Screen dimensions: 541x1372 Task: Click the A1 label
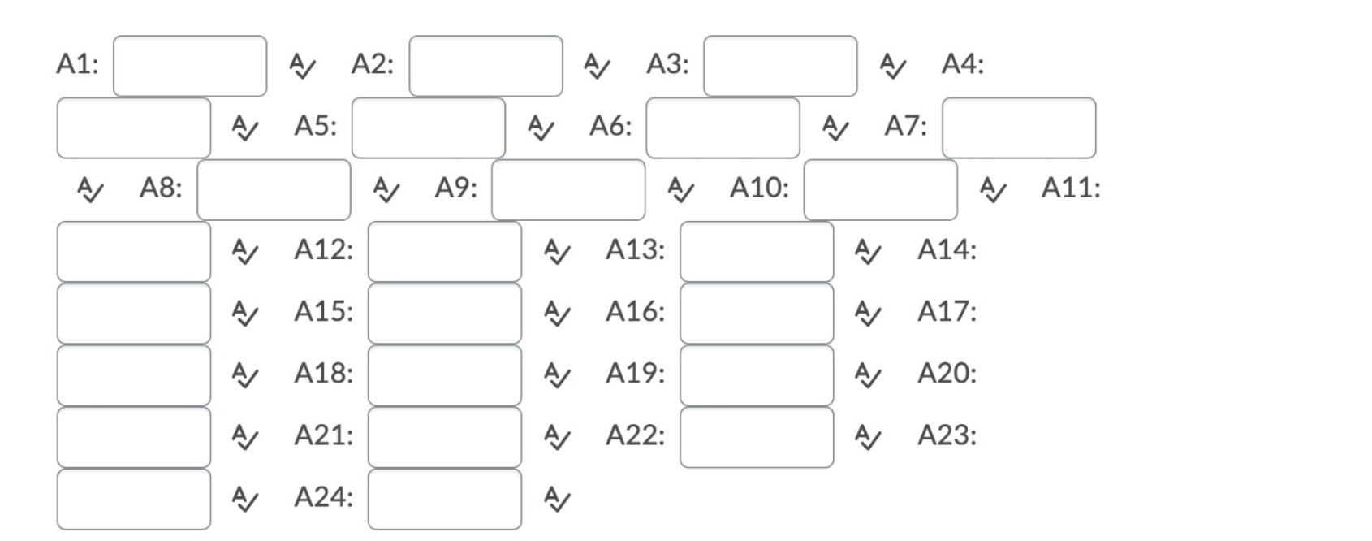tap(77, 64)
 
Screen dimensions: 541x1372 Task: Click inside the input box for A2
tap(485, 66)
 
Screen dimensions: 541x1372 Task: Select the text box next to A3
tap(780, 66)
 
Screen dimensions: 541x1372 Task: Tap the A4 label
tap(962, 64)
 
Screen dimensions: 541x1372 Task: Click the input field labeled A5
tap(428, 128)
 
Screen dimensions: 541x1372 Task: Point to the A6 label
tap(610, 126)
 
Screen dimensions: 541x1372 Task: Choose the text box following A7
tap(1018, 128)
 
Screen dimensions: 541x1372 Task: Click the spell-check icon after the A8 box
tap(386, 191)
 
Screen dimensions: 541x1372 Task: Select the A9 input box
tap(567, 189)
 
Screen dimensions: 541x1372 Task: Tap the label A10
tap(759, 188)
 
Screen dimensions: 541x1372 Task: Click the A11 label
tap(1071, 188)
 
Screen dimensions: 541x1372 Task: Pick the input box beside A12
tap(444, 251)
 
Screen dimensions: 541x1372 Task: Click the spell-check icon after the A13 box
tap(868, 253)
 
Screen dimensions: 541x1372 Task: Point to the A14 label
tap(947, 249)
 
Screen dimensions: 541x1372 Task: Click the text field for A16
tap(756, 313)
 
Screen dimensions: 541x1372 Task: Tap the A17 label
tap(947, 311)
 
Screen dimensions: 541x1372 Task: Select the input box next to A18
tap(444, 374)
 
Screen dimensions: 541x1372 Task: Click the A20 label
tap(947, 373)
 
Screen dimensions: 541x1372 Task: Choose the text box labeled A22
tap(756, 437)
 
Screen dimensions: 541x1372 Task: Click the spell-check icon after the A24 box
tap(557, 500)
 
